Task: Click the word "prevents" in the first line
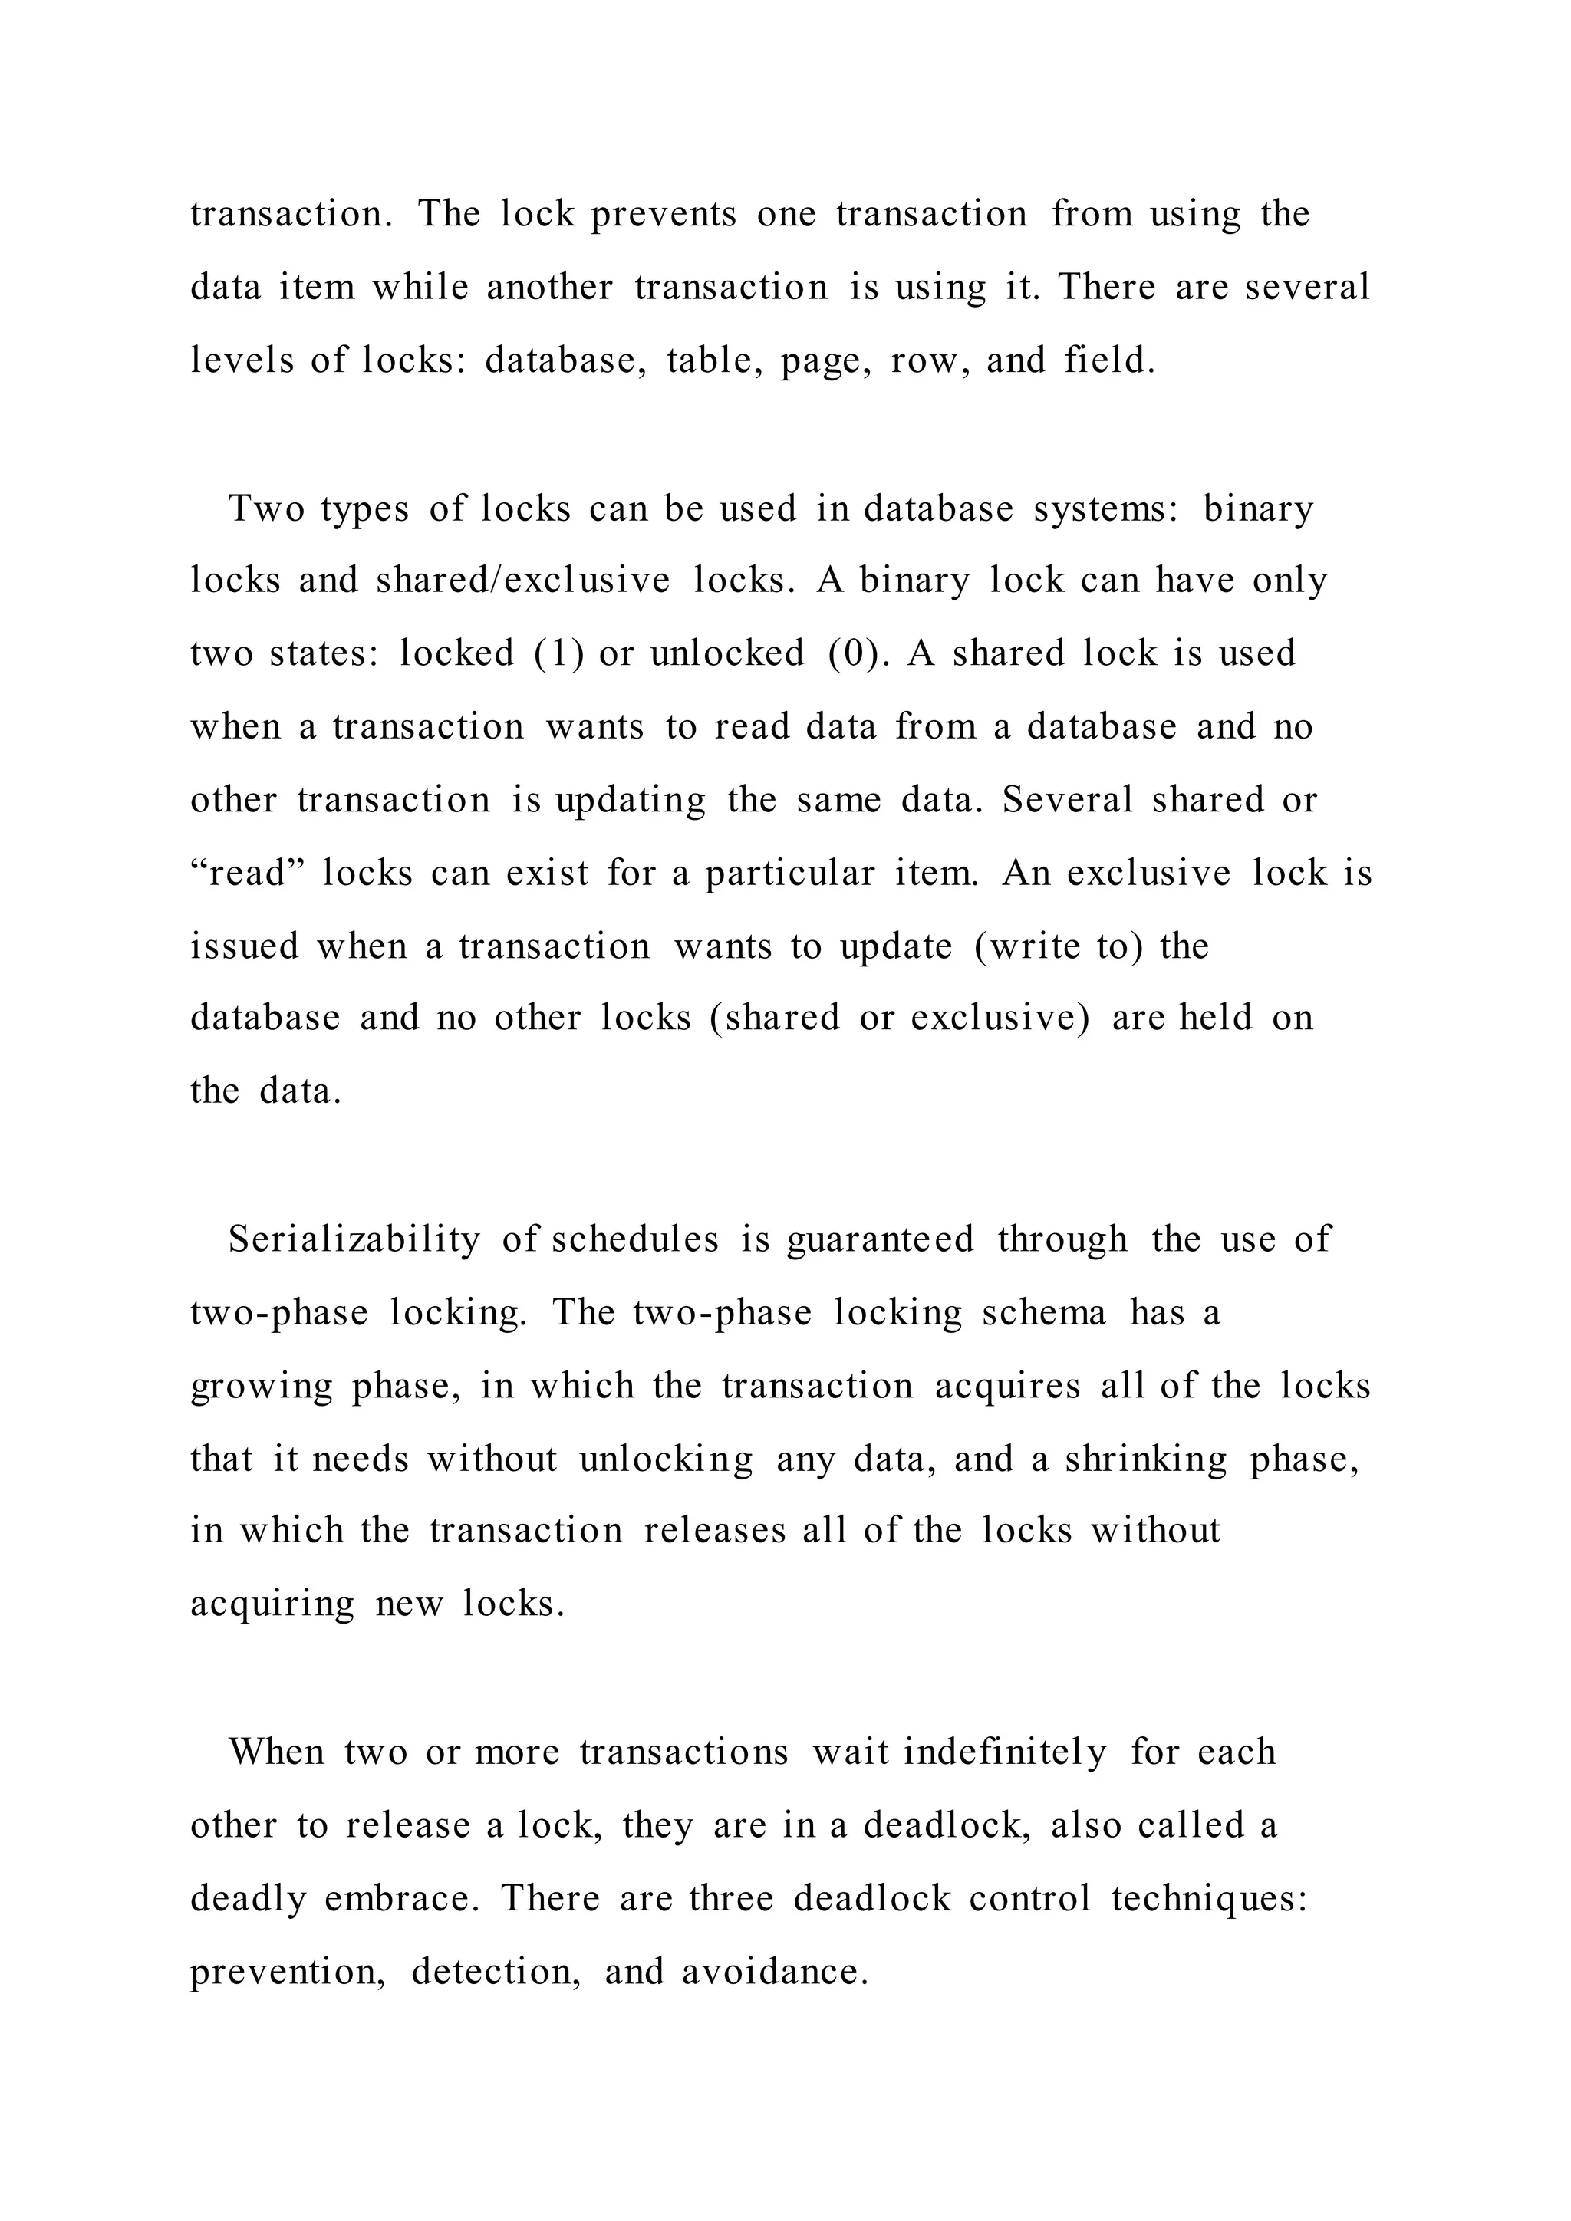[664, 215]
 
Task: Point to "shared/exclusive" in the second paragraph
[522, 581]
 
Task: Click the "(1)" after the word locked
[559, 655]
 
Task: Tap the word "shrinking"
[1145, 1459]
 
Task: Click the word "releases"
[714, 1532]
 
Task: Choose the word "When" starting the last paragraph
[277, 1752]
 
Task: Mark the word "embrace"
[400, 1899]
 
